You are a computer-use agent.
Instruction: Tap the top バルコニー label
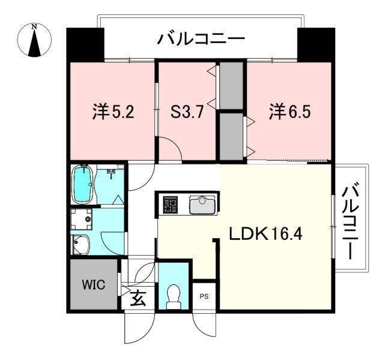[201, 40]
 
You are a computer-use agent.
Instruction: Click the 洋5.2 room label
[112, 112]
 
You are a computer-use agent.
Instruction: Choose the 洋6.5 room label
[290, 112]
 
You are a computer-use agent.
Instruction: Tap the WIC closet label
[93, 284]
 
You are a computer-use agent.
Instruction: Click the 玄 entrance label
[138, 298]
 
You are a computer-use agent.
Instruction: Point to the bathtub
[82, 185]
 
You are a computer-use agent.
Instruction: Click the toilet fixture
[174, 295]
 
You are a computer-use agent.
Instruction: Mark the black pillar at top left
[84, 43]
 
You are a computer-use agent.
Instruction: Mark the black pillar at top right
[316, 43]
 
